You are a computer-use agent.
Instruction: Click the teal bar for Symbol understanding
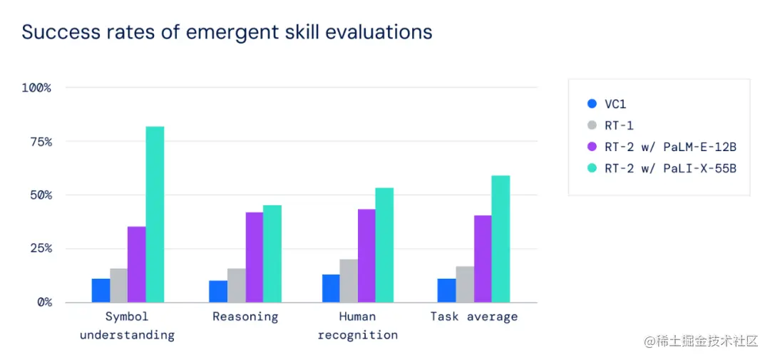pyautogui.click(x=155, y=214)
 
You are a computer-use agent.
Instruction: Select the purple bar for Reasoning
pyautogui.click(x=254, y=257)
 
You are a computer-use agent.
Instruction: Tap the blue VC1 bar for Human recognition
pyautogui.click(x=331, y=288)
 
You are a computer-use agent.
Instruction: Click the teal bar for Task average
pyautogui.click(x=500, y=239)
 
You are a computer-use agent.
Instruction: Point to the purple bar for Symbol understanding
pyautogui.click(x=137, y=264)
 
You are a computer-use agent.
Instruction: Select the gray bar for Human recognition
pyautogui.click(x=349, y=281)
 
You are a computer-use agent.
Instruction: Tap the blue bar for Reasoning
pyautogui.click(x=218, y=291)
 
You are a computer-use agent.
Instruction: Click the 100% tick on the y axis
pyautogui.click(x=37, y=88)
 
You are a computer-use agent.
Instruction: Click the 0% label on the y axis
pyautogui.click(x=44, y=302)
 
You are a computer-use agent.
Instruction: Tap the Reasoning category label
pyautogui.click(x=245, y=317)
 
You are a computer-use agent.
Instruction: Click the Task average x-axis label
pyautogui.click(x=474, y=317)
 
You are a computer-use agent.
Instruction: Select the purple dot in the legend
pyautogui.click(x=592, y=147)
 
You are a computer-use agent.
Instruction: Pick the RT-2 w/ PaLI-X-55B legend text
pyautogui.click(x=670, y=168)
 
